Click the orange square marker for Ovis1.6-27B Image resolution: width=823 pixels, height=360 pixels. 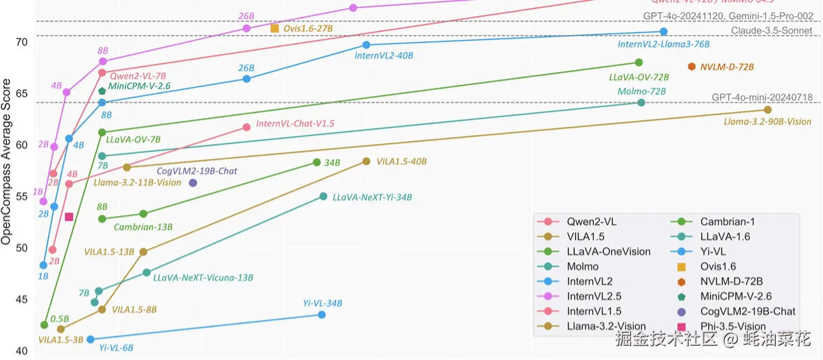(275, 28)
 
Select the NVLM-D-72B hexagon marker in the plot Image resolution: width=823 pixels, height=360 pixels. (692, 67)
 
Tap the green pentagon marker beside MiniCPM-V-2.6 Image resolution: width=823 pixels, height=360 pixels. (102, 91)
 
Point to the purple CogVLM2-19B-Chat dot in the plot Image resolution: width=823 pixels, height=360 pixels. (193, 182)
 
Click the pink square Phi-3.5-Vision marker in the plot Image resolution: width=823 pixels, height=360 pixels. (69, 217)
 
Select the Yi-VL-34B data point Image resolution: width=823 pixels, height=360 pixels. (322, 315)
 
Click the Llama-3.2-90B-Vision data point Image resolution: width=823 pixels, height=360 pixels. (767, 110)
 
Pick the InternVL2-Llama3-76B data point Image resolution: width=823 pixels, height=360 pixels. (663, 32)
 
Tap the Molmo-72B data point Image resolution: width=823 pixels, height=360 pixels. (641, 103)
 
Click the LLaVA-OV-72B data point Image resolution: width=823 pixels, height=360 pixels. (639, 62)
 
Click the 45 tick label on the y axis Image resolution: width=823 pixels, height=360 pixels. (21, 300)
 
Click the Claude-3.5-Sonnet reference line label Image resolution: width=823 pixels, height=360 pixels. (771, 31)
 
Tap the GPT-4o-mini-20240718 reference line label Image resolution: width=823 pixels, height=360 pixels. (762, 97)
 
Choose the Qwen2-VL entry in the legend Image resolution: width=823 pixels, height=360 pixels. (591, 221)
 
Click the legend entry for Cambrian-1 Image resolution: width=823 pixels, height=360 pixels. (727, 221)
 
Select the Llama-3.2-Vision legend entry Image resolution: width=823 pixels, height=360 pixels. (606, 326)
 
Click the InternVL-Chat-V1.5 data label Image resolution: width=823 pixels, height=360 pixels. (295, 123)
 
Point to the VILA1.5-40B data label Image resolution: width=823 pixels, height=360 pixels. (401, 162)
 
